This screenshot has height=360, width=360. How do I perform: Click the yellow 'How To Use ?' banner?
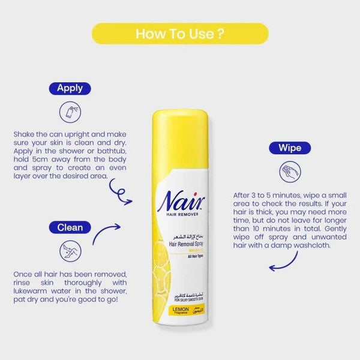tap(180, 34)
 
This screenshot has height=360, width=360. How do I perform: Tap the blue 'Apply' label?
tap(70, 89)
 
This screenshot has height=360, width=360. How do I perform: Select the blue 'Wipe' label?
tap(290, 148)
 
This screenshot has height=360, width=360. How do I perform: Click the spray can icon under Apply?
tap(70, 112)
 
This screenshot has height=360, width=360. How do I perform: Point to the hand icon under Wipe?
tap(290, 172)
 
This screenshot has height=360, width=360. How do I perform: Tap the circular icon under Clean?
tap(70, 251)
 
